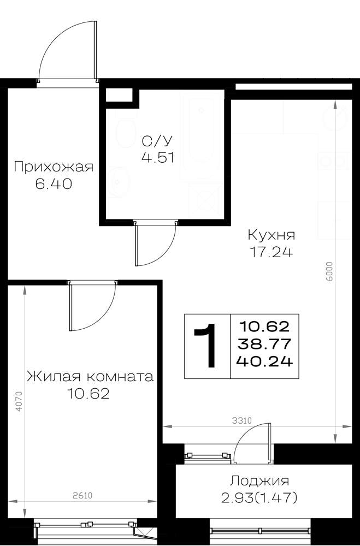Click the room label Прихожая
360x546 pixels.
54,167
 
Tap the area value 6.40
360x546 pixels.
54,183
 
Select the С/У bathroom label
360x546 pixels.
157,141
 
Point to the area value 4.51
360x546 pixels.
157,158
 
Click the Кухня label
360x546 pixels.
272,235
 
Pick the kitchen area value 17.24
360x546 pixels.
272,252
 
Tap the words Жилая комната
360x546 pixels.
90,376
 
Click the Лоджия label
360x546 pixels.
259,481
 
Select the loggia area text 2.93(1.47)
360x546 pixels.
259,498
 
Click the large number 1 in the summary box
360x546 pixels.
206,346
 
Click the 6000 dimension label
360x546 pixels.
330,271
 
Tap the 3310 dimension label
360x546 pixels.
242,420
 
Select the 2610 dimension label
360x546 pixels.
82,495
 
